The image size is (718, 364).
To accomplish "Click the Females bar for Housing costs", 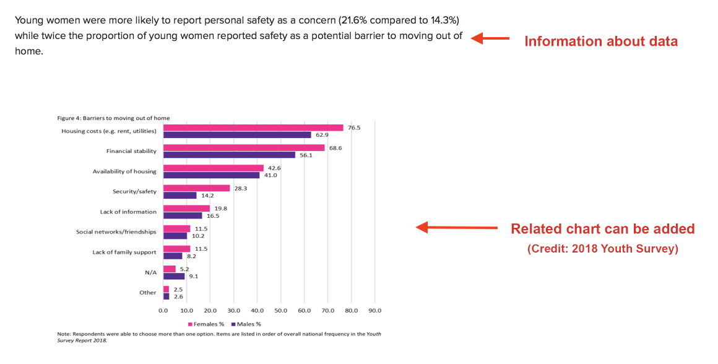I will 253,128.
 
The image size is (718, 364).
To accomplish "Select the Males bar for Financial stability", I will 229,155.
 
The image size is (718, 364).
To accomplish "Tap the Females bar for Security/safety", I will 196,188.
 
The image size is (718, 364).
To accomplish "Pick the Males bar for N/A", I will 174,276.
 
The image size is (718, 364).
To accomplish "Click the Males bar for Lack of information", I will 183,215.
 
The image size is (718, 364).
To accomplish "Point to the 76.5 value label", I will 354,128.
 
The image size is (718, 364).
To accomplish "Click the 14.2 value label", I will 207,195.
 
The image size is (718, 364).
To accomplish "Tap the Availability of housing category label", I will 124,171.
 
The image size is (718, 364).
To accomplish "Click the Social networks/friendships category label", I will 116,232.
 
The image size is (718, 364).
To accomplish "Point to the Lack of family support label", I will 124,252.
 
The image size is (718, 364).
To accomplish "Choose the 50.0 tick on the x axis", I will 280,310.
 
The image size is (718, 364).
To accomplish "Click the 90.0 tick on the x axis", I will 374,310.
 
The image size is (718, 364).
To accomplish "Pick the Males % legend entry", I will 246,323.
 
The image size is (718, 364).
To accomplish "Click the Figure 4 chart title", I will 113,118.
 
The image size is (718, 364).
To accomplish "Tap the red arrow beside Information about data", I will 490,39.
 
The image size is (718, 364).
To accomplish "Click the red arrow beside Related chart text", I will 457,228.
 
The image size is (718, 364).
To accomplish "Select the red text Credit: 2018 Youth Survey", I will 603,249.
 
